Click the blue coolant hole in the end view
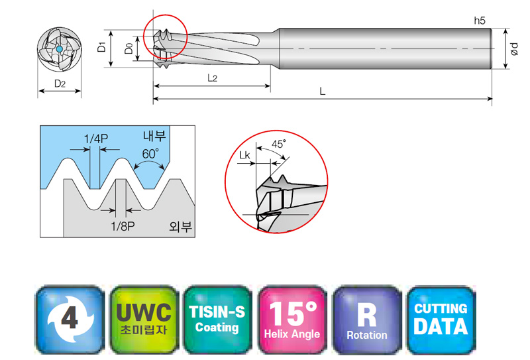(60, 49)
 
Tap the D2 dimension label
(60, 84)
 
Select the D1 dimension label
(101, 46)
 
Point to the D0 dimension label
(129, 48)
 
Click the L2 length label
(212, 78)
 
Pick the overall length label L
(323, 91)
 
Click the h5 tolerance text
(479, 21)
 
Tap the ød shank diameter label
(514, 49)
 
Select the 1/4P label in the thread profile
(95, 139)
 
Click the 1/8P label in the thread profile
(123, 226)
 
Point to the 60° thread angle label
(150, 154)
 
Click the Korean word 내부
(154, 136)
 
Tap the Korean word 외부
(180, 226)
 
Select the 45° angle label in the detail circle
(279, 144)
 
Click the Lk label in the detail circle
(244, 155)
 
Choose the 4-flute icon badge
(70, 320)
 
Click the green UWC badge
(144, 320)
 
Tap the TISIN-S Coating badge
(217, 320)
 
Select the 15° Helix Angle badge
(292, 320)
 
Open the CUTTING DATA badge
(441, 320)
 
